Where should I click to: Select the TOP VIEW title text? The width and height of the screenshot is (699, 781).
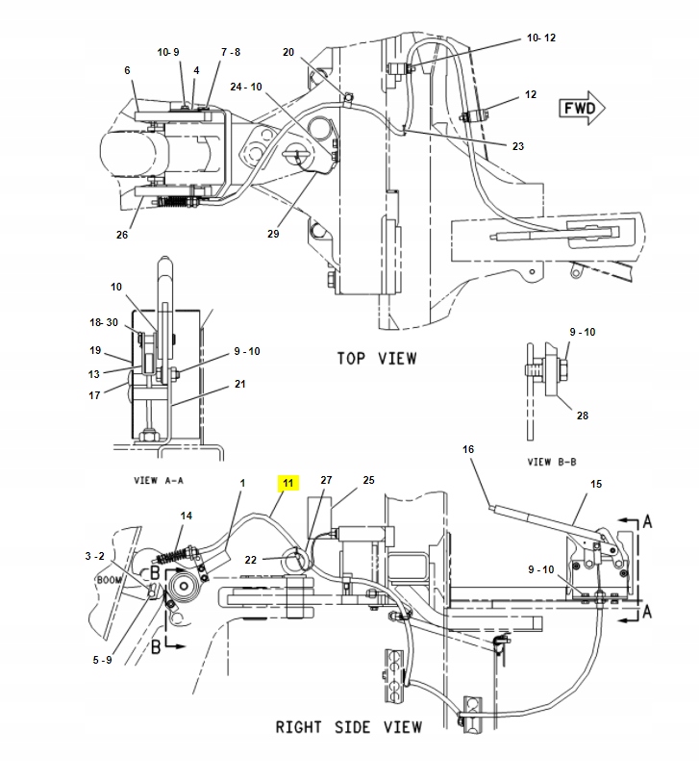point(376,358)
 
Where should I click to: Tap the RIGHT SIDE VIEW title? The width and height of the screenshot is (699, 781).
point(348,726)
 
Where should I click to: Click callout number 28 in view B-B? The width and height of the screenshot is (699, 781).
point(584,416)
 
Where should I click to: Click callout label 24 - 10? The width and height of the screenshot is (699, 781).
point(245,87)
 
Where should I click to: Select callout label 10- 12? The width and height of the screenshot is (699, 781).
point(541,38)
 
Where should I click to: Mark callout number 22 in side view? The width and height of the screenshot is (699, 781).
point(249,561)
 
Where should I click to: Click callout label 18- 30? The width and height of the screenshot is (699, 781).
point(103,322)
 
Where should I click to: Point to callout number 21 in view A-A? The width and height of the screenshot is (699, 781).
point(238,385)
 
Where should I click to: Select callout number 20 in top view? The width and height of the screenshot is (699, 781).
point(288,52)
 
